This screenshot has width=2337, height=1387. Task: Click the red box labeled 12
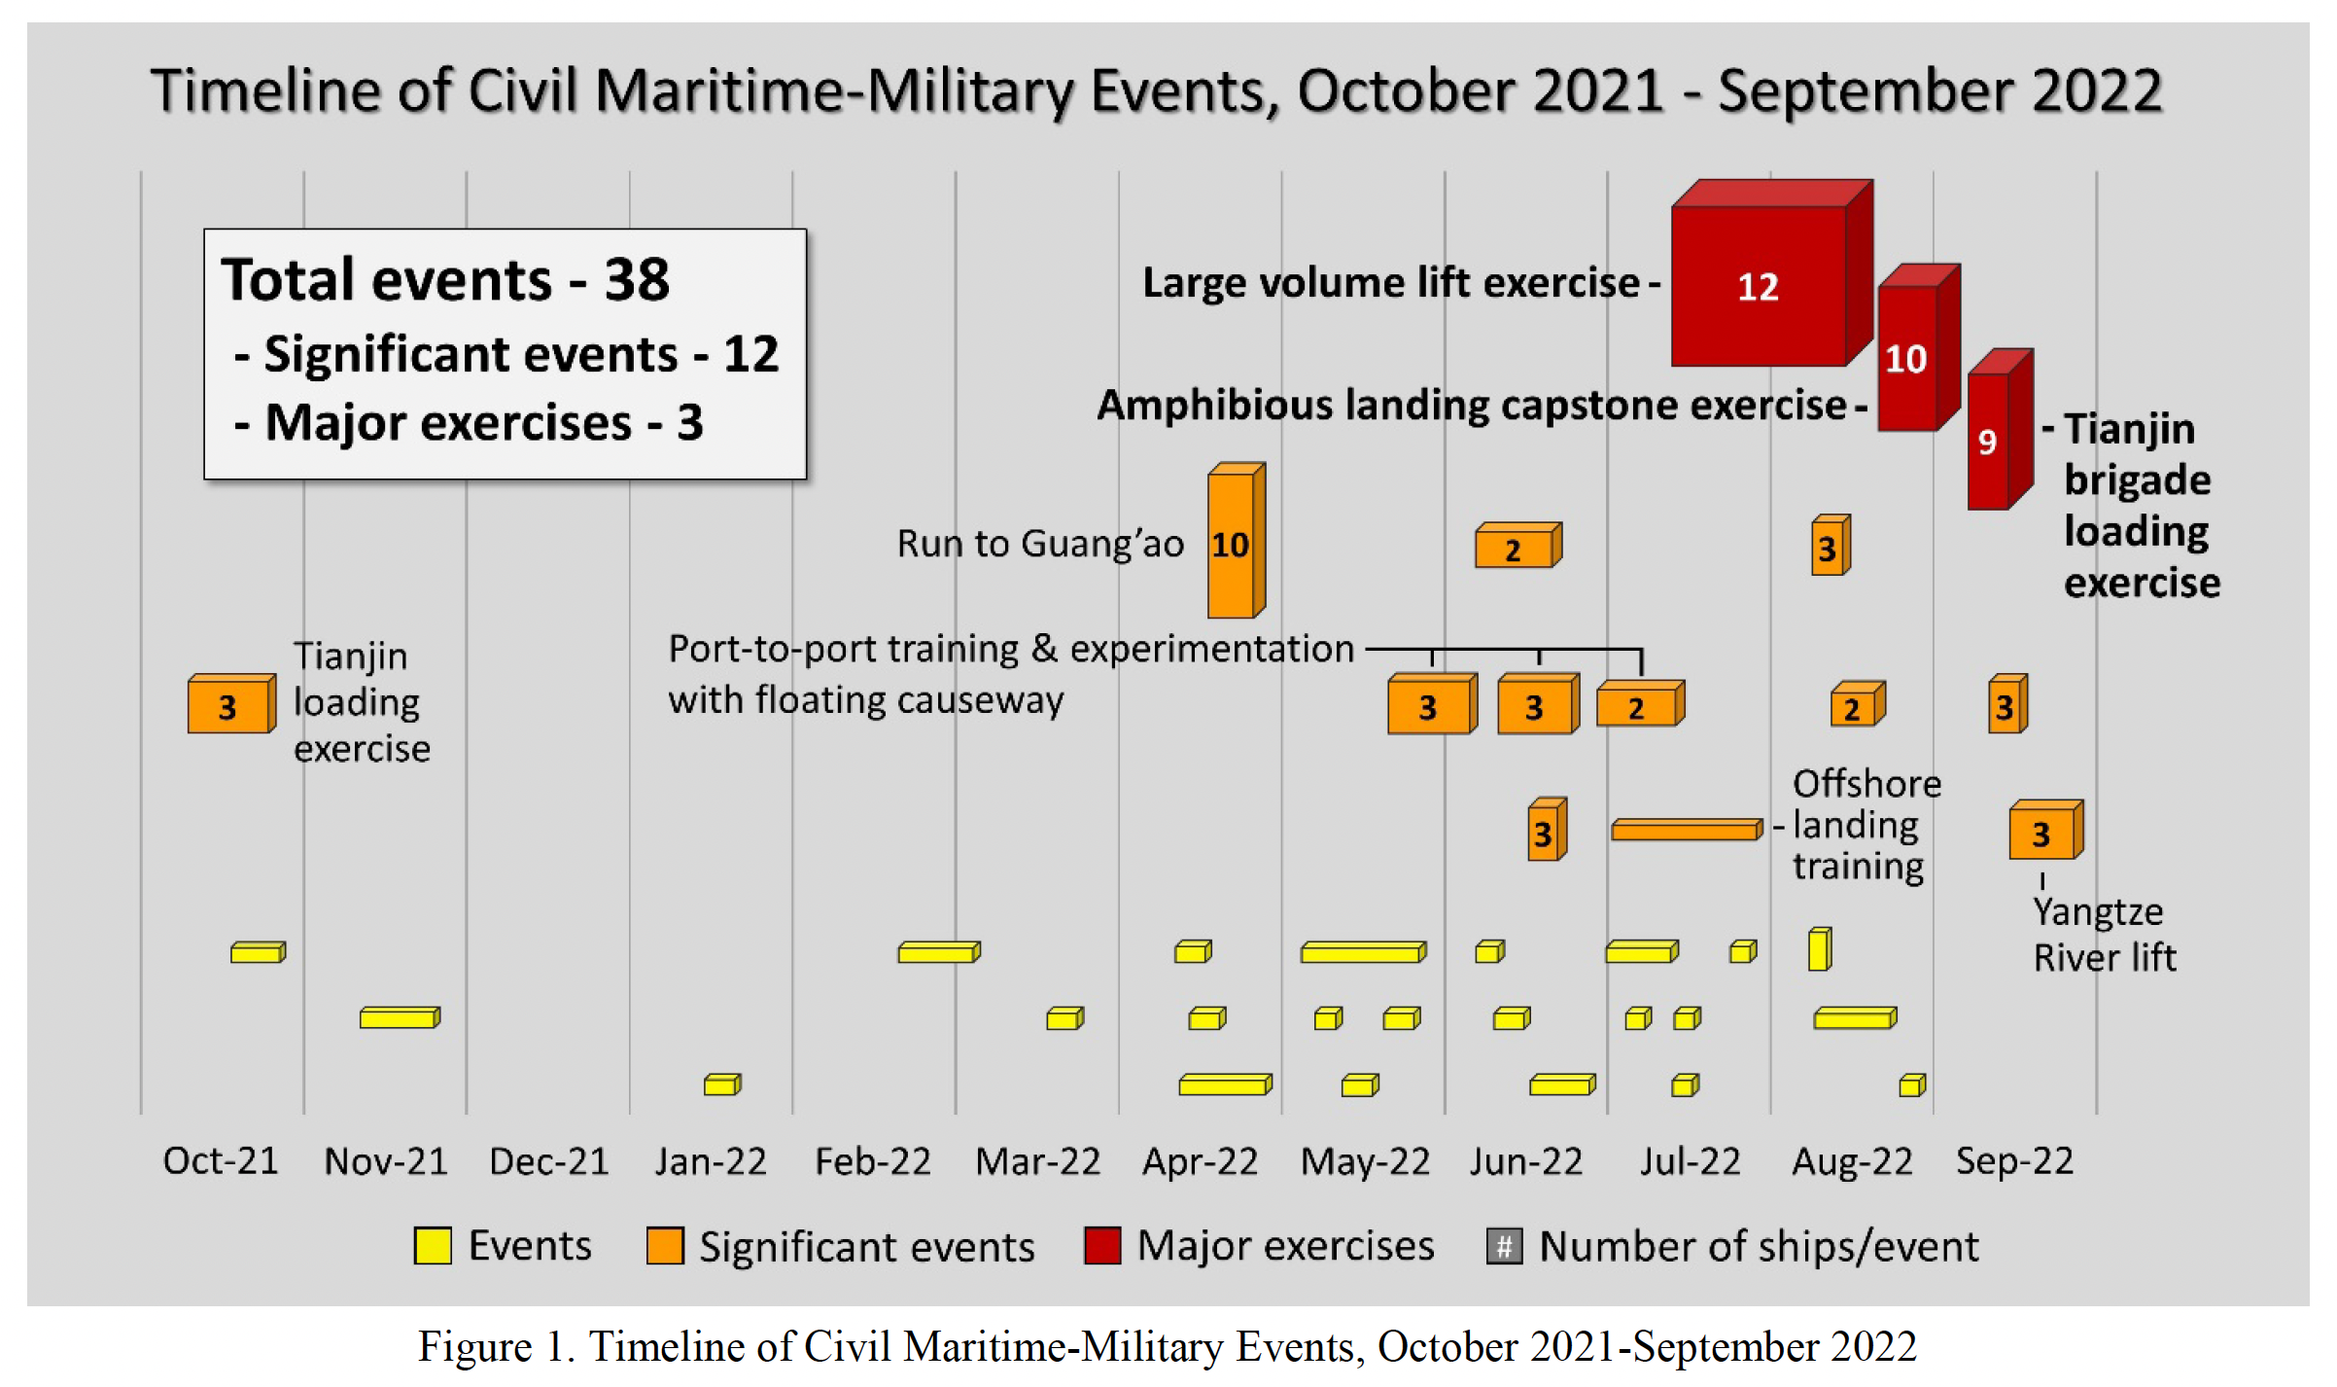(1759, 286)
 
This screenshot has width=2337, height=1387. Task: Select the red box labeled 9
(1989, 442)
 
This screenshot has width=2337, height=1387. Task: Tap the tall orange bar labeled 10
(1232, 545)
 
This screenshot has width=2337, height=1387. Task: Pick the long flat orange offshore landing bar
(1685, 830)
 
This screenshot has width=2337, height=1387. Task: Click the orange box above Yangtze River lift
(2042, 834)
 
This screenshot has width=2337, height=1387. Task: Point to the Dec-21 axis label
(548, 1161)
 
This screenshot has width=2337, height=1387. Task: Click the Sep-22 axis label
(2014, 1161)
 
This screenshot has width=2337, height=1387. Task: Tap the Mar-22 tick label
(1037, 1161)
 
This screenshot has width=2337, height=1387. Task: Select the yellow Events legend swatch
(433, 1246)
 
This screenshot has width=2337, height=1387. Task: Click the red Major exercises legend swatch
(1102, 1246)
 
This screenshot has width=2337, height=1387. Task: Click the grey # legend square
(1504, 1246)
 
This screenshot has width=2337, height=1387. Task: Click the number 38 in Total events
(637, 280)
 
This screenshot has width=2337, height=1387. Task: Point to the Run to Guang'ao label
(1040, 544)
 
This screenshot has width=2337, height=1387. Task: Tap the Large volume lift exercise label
(1391, 283)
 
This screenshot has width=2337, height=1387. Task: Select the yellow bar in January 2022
(721, 1085)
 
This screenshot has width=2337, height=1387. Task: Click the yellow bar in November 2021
(399, 1018)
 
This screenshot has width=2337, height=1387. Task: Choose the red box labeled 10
(1906, 359)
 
